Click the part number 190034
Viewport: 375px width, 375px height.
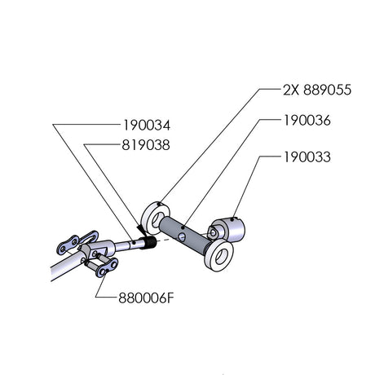click(x=147, y=126)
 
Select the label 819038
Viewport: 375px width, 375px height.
click(x=146, y=145)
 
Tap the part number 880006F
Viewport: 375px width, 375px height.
click(x=146, y=298)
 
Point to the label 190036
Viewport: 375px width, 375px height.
click(x=307, y=121)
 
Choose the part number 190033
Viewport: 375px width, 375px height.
click(x=307, y=157)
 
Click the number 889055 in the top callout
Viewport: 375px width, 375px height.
click(x=327, y=90)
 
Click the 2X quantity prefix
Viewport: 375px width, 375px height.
click(x=291, y=90)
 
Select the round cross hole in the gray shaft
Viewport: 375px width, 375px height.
click(x=182, y=236)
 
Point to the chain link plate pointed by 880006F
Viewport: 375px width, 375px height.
click(x=107, y=267)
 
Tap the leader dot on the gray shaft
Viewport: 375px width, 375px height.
click(x=183, y=227)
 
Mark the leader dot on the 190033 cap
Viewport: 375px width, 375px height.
click(x=232, y=218)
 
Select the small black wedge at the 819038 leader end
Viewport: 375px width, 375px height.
click(x=142, y=230)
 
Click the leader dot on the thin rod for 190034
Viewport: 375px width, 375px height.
click(x=134, y=242)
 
